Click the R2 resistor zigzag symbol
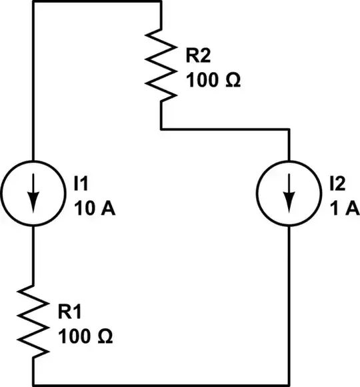point(161,65)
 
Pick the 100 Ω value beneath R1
point(85,336)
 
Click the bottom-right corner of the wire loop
point(289,384)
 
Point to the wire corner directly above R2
point(161,2)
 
